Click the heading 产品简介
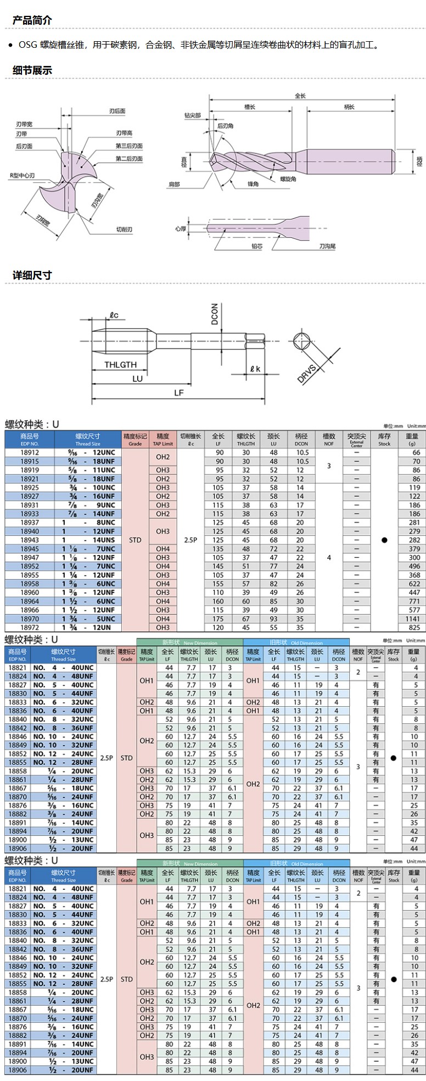(x=32, y=20)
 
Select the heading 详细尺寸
(x=32, y=275)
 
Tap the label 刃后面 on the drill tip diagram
(x=117, y=111)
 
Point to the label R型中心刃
(x=22, y=175)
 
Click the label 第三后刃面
(x=129, y=146)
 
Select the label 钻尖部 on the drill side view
(x=192, y=115)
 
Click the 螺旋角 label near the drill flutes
(x=288, y=179)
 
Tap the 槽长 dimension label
(x=250, y=107)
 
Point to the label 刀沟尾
(x=327, y=246)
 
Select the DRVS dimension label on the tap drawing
(x=307, y=373)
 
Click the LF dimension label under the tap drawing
(x=178, y=392)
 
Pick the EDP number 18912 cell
(x=30, y=453)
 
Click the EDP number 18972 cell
(x=30, y=628)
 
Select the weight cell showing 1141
(x=413, y=619)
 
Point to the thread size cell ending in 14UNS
(x=88, y=540)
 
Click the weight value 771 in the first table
(x=414, y=601)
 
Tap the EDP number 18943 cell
(x=30, y=540)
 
